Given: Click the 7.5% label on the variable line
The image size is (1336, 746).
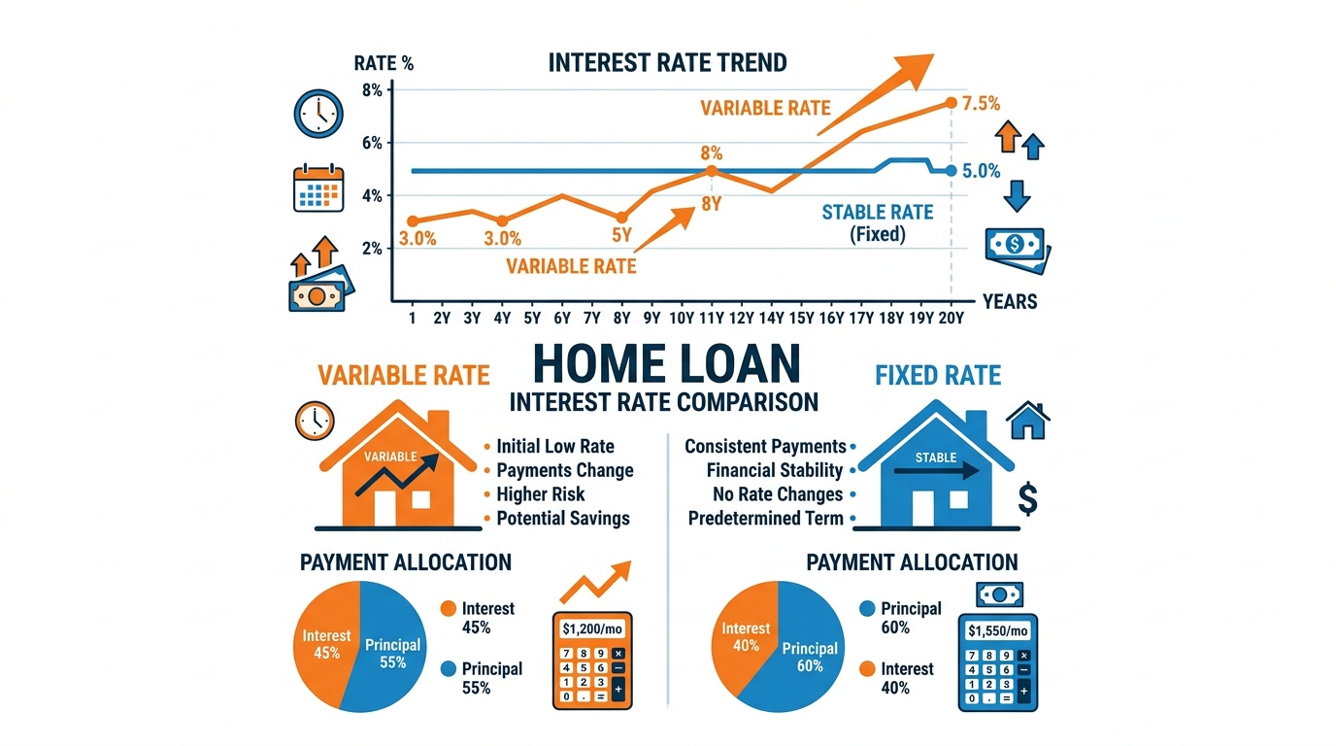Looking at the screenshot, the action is pyautogui.click(x=981, y=104).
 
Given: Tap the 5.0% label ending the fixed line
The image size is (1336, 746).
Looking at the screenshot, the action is pyautogui.click(x=981, y=171).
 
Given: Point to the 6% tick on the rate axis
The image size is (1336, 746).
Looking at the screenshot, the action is pyautogui.click(x=372, y=143).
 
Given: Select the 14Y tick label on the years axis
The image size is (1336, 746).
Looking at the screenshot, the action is pyautogui.click(x=771, y=318).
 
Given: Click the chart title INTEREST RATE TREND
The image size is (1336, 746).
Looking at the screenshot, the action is pyautogui.click(x=667, y=63).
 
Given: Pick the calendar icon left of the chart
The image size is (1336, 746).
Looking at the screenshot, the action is pyautogui.click(x=318, y=188).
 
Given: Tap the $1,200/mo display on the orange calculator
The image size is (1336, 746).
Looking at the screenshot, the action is pyautogui.click(x=592, y=629).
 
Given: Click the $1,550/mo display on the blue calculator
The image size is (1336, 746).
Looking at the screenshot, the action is pyautogui.click(x=998, y=630).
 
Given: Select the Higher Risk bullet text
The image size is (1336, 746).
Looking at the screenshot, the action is pyautogui.click(x=541, y=494).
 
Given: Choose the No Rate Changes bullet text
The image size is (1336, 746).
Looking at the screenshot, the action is pyautogui.click(x=778, y=494).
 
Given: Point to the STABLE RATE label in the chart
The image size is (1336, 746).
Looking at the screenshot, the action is pyautogui.click(x=878, y=213).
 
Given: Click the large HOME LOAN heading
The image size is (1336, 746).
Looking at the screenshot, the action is pyautogui.click(x=666, y=363).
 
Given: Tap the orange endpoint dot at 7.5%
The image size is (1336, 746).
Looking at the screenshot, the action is pyautogui.click(x=951, y=103).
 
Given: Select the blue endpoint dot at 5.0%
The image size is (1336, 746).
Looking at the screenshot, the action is pyautogui.click(x=951, y=171).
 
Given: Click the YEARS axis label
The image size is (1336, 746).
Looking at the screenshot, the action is pyautogui.click(x=1010, y=301).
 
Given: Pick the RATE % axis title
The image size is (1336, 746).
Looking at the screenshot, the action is pyautogui.click(x=384, y=63).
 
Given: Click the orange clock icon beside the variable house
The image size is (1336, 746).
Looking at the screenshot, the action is pyautogui.click(x=315, y=421).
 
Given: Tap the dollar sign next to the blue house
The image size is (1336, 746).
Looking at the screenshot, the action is pyautogui.click(x=1027, y=499).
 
